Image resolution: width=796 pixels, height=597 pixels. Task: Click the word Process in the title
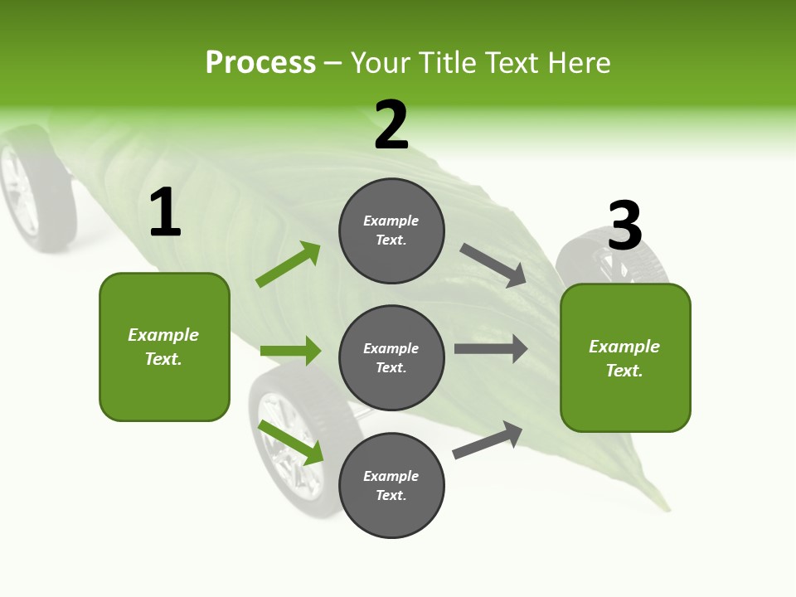coord(260,63)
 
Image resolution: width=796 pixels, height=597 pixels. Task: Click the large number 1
coord(165,213)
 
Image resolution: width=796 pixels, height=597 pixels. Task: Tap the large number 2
coord(391,126)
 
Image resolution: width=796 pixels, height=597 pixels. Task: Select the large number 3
coord(625,226)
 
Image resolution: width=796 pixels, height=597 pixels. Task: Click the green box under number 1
coord(164,347)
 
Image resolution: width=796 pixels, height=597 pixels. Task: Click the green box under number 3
coord(625,357)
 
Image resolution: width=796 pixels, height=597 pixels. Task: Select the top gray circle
coord(391,231)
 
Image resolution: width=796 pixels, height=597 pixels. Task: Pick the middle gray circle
coord(391,357)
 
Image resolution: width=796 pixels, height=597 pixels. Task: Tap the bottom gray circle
coord(391,485)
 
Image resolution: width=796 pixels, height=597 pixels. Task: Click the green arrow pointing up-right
coord(289,265)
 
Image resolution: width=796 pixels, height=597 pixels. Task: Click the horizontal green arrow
coord(290,351)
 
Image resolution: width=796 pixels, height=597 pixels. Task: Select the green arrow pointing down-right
coord(290,442)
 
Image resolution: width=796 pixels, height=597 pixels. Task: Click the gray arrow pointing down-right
coord(493,265)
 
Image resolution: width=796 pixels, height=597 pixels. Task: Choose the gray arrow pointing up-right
coord(488,439)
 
